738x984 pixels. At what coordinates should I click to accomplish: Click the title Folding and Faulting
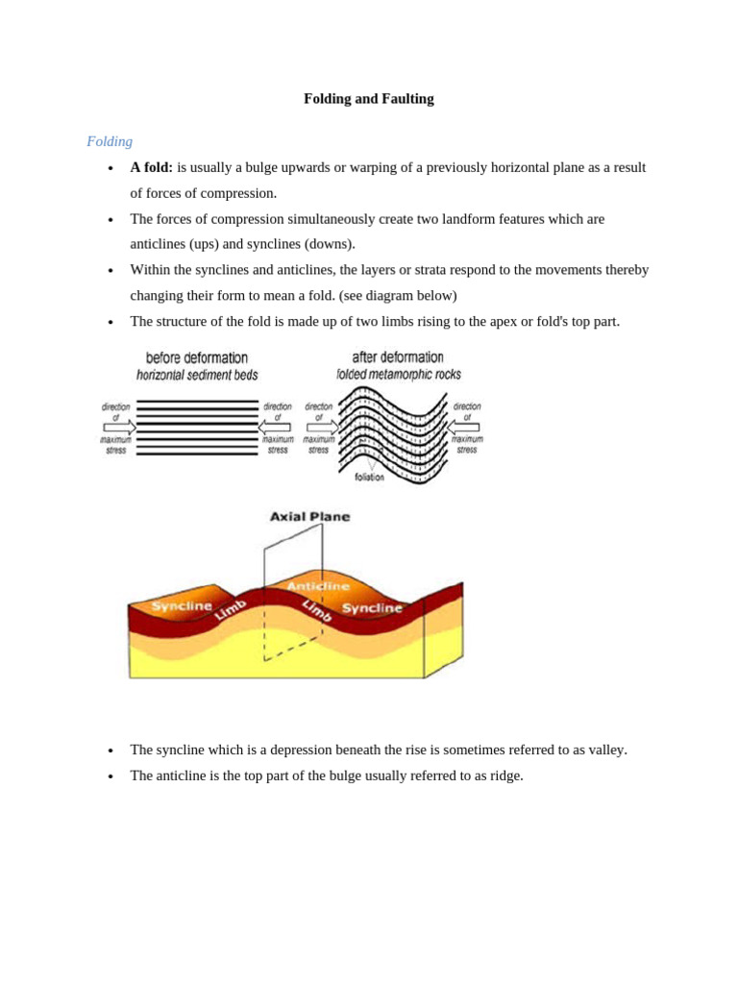(368, 99)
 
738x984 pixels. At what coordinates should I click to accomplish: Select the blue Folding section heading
(110, 141)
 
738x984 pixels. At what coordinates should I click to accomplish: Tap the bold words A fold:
(152, 167)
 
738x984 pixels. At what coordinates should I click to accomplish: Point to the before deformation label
(197, 358)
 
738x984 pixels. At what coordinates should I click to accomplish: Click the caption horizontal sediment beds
(197, 376)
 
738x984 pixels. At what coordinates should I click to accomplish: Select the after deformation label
(398, 357)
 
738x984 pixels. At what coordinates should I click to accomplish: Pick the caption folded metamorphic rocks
(398, 374)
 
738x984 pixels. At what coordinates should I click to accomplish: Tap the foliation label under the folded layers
(369, 477)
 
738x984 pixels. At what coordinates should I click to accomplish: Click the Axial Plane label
(309, 517)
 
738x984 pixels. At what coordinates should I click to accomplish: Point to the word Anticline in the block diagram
(318, 586)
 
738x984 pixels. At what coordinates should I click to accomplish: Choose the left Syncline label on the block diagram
(182, 606)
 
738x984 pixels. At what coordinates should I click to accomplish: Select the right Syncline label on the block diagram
(372, 608)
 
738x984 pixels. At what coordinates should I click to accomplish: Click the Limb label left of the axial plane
(231, 609)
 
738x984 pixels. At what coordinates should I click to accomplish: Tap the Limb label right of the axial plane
(317, 610)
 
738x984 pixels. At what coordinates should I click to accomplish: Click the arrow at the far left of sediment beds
(119, 428)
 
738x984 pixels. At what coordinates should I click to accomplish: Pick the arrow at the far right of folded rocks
(464, 428)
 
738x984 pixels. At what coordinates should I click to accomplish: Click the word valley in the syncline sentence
(604, 750)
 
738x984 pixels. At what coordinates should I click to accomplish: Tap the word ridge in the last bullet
(504, 775)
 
